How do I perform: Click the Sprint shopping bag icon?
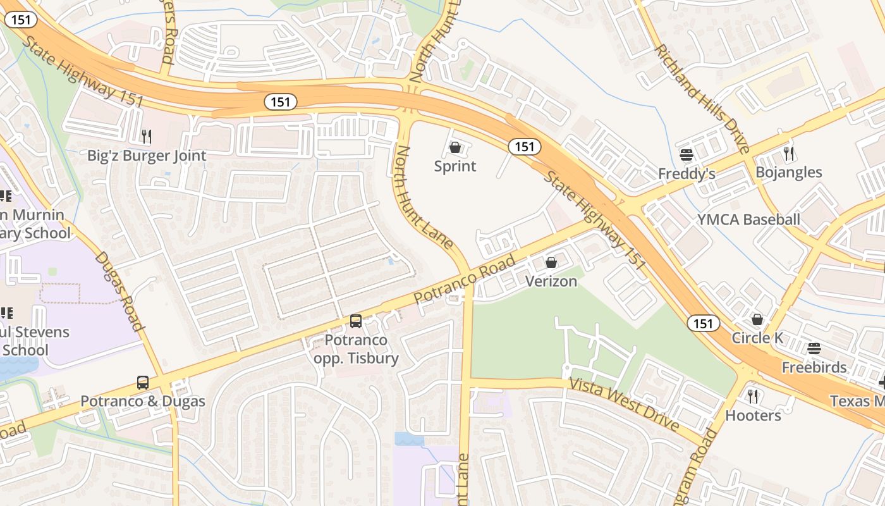(455, 148)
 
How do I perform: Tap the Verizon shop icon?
(551, 262)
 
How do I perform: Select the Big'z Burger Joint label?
(147, 156)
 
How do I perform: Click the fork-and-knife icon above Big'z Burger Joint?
(146, 136)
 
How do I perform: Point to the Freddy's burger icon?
(687, 154)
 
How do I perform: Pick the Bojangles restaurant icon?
(788, 153)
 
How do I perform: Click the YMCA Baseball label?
(748, 219)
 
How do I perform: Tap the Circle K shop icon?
(757, 319)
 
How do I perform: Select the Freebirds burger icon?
(814, 349)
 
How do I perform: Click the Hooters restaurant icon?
(753, 397)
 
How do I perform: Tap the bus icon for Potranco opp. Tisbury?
(356, 321)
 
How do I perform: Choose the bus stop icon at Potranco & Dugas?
(143, 383)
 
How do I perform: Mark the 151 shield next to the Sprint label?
(524, 147)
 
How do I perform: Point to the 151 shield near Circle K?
(703, 324)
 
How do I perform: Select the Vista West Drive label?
(625, 404)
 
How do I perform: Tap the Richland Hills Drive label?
(702, 98)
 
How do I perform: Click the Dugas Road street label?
(119, 292)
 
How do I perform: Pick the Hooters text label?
(753, 416)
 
